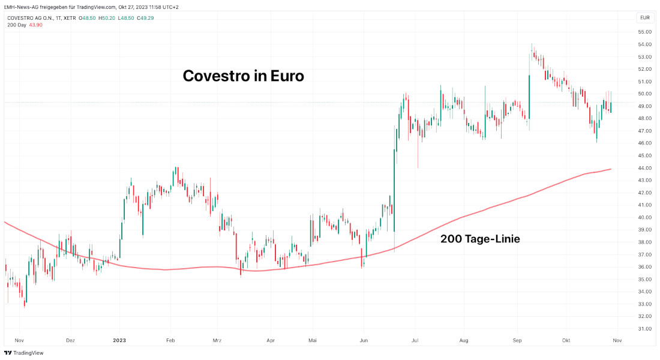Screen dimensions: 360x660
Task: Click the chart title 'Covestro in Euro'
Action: [x=243, y=76]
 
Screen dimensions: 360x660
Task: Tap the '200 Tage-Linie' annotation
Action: [x=480, y=239]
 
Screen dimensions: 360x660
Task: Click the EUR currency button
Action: [x=645, y=17]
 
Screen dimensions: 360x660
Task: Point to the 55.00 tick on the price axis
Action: [x=645, y=32]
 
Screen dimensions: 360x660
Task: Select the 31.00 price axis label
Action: [x=645, y=329]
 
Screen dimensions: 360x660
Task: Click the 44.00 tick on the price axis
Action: [x=645, y=168]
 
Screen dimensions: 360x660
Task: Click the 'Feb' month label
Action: [x=170, y=340]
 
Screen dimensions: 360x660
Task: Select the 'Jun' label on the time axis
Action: [x=364, y=340]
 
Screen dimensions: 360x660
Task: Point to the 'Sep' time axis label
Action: [x=517, y=340]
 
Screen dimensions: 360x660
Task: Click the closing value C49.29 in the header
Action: [x=145, y=17]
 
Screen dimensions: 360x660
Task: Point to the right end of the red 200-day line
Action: [x=611, y=169]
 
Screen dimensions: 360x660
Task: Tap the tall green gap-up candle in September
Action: [x=529, y=96]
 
